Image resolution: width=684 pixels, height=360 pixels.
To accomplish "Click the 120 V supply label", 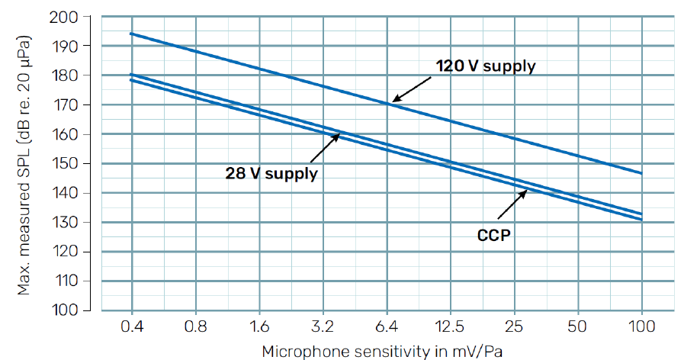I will [x=485, y=66].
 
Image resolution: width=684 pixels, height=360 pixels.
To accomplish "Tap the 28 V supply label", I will [x=271, y=173].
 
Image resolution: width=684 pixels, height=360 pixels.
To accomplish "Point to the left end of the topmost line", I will [x=132, y=34].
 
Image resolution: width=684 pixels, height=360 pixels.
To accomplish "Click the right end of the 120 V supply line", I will [x=641, y=173].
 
